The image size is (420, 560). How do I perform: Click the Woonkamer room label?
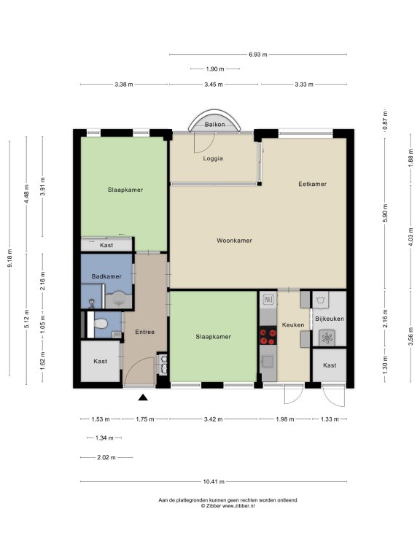234,241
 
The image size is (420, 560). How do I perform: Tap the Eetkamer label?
313,184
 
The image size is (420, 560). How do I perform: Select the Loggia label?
213,158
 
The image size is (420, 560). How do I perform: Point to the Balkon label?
214,124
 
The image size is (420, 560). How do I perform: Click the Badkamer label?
106,276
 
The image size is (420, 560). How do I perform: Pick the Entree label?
144,332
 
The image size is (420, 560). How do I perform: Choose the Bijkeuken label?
330,319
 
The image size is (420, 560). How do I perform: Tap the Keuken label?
293,324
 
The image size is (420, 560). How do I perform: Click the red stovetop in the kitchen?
268,336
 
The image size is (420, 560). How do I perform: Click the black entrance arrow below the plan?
143,397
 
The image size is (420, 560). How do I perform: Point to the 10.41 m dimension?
214,481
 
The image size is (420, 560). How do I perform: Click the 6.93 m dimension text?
258,55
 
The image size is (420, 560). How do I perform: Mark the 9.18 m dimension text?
10,258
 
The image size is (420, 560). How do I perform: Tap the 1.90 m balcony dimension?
215,69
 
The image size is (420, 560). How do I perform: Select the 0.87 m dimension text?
385,120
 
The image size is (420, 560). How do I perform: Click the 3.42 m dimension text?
213,419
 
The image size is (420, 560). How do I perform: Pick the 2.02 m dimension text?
106,457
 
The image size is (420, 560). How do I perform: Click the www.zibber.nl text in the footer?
238,506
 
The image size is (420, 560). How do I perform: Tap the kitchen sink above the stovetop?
268,299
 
